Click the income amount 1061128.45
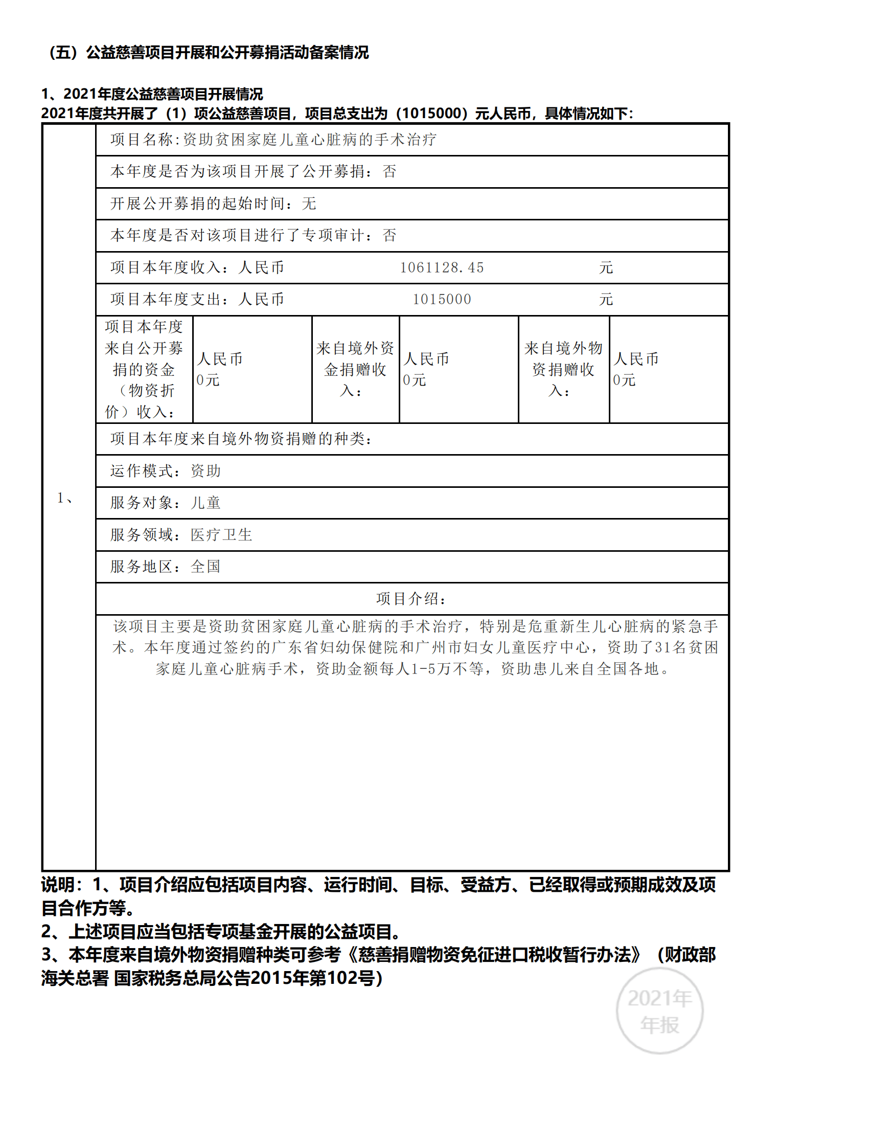point(442,267)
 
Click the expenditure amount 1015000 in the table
point(442,299)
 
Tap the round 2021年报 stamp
point(659,1010)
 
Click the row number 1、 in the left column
point(65,498)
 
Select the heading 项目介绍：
point(411,599)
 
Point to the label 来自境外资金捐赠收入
point(355,369)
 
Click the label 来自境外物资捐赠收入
point(563,369)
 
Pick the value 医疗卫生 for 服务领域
point(221,535)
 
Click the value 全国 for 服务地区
point(205,567)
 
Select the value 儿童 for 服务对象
point(205,503)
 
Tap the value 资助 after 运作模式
point(205,471)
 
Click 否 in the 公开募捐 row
point(389,171)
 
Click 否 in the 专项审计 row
point(389,235)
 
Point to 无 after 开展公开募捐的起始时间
point(309,204)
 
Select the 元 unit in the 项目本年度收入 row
point(606,267)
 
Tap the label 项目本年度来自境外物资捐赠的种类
point(240,439)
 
